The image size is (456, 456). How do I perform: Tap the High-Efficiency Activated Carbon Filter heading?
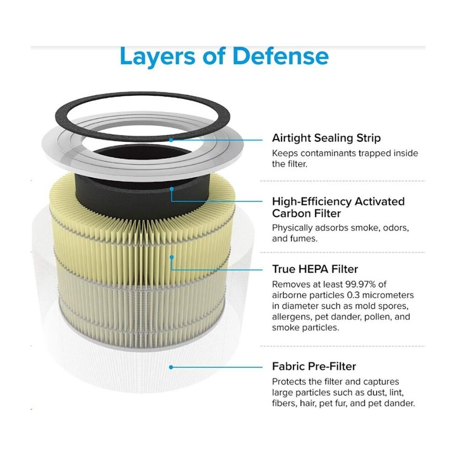click(338, 207)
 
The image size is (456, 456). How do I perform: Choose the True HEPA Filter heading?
click(315, 269)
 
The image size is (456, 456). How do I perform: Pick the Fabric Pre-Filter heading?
click(314, 367)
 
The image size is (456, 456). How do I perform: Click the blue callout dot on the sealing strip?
click(171, 140)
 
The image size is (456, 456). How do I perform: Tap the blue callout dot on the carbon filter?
click(171, 189)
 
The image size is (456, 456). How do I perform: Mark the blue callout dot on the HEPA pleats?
click(171, 257)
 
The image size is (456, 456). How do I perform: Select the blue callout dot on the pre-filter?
click(171, 367)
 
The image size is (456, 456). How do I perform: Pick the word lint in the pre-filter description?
click(397, 393)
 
